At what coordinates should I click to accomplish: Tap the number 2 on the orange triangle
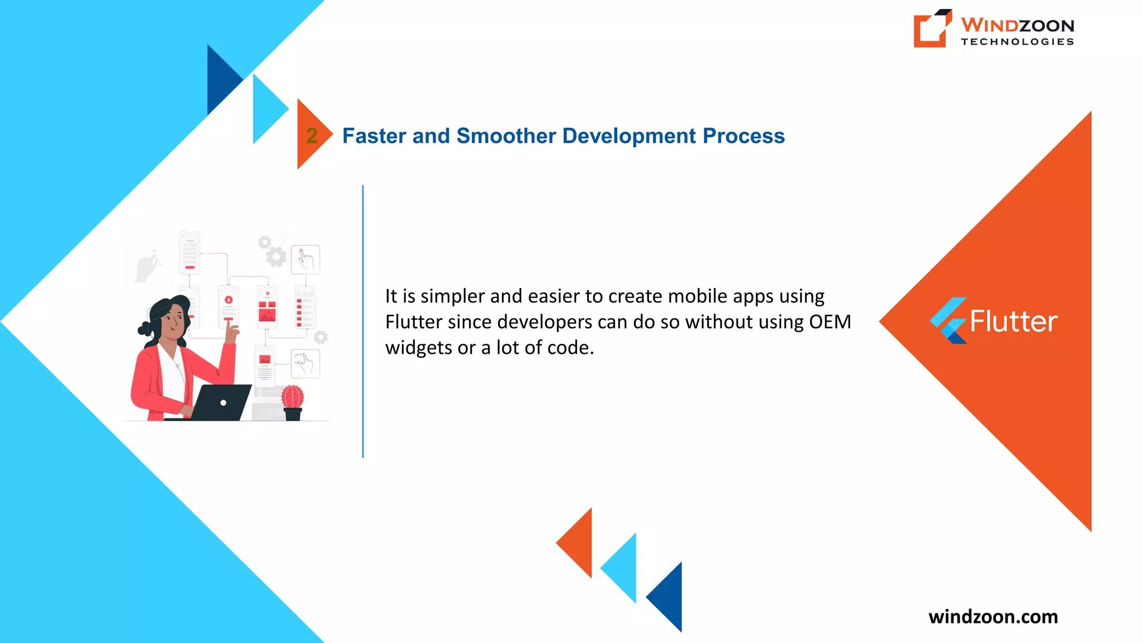coord(312,136)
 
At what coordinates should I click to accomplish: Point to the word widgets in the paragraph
coord(418,348)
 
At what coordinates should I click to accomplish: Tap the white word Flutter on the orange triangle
coord(1013,321)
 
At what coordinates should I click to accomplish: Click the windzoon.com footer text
coord(993,617)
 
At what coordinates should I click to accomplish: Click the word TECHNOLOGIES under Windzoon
coord(1017,42)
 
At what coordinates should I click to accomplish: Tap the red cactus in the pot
coord(292,397)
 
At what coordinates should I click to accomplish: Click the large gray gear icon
coord(275,257)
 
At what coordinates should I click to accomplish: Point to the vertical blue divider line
coord(363,321)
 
